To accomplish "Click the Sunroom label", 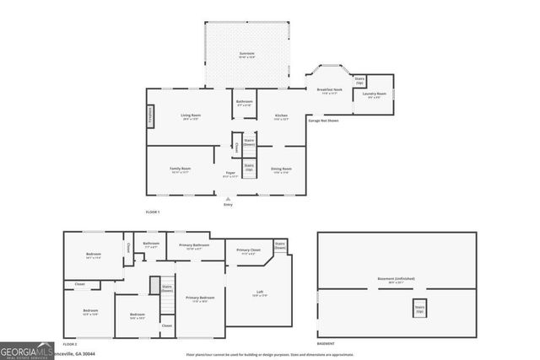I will [x=246, y=54].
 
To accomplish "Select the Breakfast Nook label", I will [x=329, y=91].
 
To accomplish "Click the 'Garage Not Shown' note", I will [x=323, y=121].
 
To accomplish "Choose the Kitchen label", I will [x=281, y=117].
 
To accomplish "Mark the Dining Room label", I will [x=281, y=171].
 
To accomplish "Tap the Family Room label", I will [x=181, y=170].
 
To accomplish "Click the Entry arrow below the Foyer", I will [x=227, y=199].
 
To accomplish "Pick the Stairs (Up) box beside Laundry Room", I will [x=359, y=82].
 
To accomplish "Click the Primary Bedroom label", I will [x=200, y=299].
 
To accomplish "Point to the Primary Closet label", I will [x=248, y=252].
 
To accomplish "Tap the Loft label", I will [x=259, y=293].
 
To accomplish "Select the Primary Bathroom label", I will [x=195, y=247].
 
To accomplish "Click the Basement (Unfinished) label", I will [x=396, y=281].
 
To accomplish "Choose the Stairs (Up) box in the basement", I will [x=418, y=309].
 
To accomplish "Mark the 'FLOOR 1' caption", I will [x=153, y=211].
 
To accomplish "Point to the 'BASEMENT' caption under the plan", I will [x=326, y=344].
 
